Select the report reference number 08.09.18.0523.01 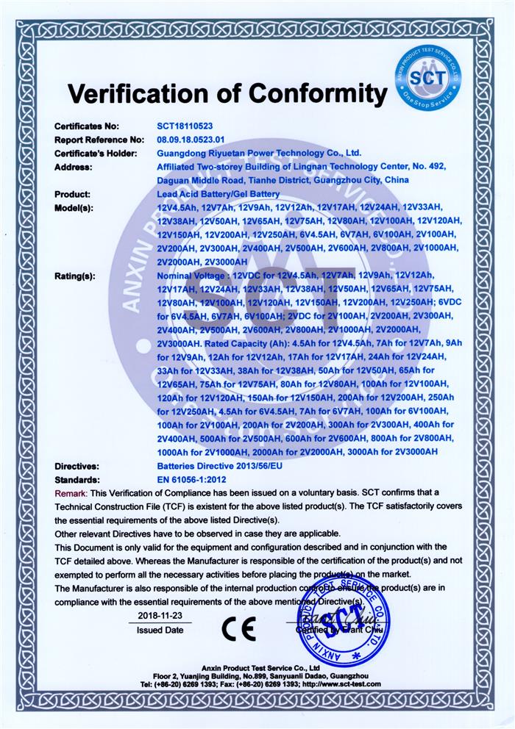click(x=195, y=139)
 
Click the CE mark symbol click(x=239, y=628)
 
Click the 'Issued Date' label click(x=160, y=630)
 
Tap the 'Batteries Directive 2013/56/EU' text click(x=219, y=466)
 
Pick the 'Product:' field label click(x=72, y=194)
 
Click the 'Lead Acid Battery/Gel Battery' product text click(x=218, y=194)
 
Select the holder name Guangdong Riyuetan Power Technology click(x=259, y=153)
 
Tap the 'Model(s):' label click(x=75, y=208)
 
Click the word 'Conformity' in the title click(x=317, y=93)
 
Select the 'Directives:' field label click(x=77, y=466)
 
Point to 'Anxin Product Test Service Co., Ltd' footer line click(x=257, y=665)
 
